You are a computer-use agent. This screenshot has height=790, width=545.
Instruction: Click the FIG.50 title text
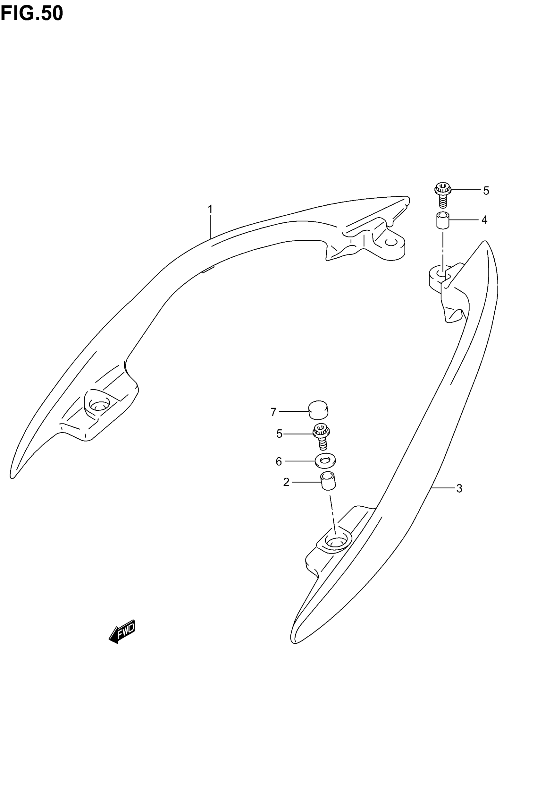point(32,14)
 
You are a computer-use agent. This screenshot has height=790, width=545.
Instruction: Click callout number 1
point(210,209)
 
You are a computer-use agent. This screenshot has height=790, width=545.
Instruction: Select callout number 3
point(459,489)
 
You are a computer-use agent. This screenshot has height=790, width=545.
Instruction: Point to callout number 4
point(484,220)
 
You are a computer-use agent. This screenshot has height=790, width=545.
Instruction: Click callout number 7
point(273,412)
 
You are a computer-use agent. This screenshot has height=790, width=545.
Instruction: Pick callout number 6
point(279,462)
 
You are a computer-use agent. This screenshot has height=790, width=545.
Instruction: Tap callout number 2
point(286,482)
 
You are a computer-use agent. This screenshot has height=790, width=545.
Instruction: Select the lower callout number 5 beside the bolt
point(279,434)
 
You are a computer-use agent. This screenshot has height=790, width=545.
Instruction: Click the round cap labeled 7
point(318,410)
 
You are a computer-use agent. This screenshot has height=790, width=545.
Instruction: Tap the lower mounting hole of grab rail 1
point(99,405)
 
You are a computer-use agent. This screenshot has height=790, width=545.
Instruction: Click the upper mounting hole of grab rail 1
point(390,242)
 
